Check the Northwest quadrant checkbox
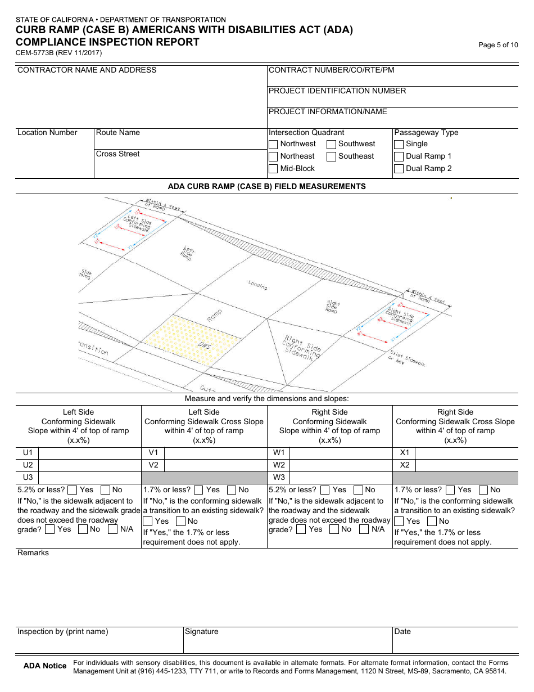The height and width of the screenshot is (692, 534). point(273,144)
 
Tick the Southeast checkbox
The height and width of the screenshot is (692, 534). point(332,156)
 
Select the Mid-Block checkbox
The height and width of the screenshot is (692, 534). point(273,169)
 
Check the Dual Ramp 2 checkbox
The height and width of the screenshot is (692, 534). point(399,169)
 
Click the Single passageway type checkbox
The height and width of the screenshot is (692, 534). point(399,144)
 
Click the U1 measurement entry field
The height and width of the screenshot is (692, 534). point(89,453)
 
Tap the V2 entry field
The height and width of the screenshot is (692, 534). point(215,465)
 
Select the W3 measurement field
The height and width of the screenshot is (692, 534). point(341,478)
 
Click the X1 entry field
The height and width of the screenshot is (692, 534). point(467,453)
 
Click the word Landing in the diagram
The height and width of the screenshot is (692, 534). point(257,286)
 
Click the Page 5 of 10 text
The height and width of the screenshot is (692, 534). point(498,45)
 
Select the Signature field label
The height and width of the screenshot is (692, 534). point(202,632)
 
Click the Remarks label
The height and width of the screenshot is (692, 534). point(33,553)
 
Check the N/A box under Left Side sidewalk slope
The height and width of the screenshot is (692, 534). point(113,529)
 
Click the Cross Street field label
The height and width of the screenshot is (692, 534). point(118,154)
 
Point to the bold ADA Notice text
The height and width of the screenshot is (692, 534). point(45,666)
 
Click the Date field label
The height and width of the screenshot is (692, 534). point(402,632)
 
